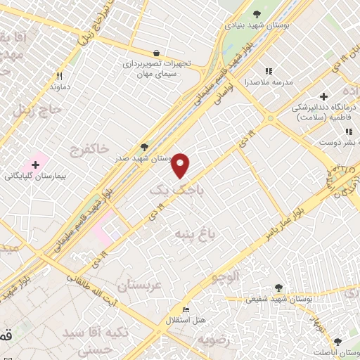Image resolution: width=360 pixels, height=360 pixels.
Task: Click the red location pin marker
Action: click(181, 165)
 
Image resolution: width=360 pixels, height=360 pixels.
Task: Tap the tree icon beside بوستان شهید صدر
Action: click(145, 147)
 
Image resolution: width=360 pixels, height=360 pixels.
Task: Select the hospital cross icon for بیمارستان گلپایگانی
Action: click(34, 163)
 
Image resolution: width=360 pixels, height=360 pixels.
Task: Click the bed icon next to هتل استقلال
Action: click(186, 310)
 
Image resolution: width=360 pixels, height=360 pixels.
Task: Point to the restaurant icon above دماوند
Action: click(60, 76)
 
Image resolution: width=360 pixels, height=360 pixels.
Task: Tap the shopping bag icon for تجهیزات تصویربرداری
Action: click(156, 53)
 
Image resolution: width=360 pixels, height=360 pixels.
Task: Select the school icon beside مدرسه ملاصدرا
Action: click(268, 71)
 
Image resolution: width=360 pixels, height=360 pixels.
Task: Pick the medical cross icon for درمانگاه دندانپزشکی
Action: click(323, 96)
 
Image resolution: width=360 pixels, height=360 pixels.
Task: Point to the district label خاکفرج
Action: click(89, 148)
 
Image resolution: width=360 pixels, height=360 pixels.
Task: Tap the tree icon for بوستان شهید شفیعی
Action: click(279, 288)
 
